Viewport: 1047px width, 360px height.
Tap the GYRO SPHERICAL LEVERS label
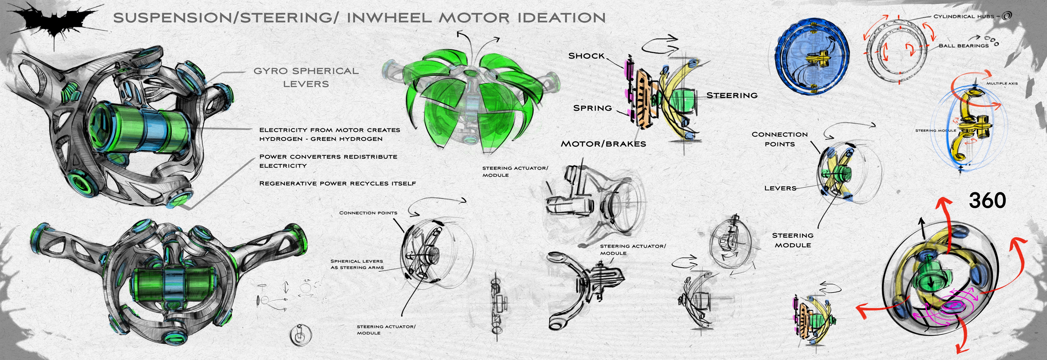[306, 77]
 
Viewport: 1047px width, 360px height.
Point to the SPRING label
[592, 108]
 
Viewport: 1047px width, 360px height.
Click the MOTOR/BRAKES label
[603, 144]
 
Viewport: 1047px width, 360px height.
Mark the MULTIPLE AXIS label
[1002, 83]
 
